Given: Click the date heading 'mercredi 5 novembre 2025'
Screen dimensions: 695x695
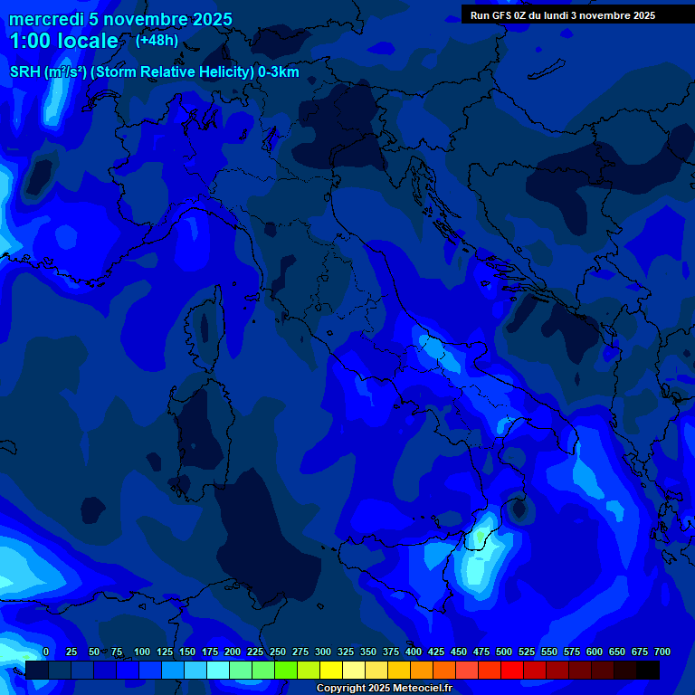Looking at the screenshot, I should [120, 19].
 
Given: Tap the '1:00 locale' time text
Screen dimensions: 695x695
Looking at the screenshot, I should [63, 41].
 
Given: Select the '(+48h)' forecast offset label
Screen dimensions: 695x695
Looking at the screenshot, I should [157, 40].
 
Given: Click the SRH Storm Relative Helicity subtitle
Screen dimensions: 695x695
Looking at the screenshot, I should [154, 72].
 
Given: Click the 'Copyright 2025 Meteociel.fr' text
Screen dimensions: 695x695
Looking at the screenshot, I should [384, 688].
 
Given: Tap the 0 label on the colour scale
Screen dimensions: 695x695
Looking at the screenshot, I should [46, 652].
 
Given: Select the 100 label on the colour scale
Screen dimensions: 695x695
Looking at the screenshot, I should [142, 652].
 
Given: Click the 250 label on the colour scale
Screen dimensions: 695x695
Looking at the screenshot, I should [278, 652].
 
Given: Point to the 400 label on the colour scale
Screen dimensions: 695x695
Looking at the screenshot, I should [414, 652].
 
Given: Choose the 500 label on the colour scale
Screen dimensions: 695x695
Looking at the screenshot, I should [504, 652].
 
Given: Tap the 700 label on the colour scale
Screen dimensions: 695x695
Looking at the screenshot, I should [662, 652].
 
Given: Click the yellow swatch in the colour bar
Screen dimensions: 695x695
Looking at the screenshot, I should [331, 670].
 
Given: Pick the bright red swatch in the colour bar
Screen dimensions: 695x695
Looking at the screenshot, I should [512, 670].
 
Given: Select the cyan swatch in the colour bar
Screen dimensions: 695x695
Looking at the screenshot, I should [218, 670].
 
